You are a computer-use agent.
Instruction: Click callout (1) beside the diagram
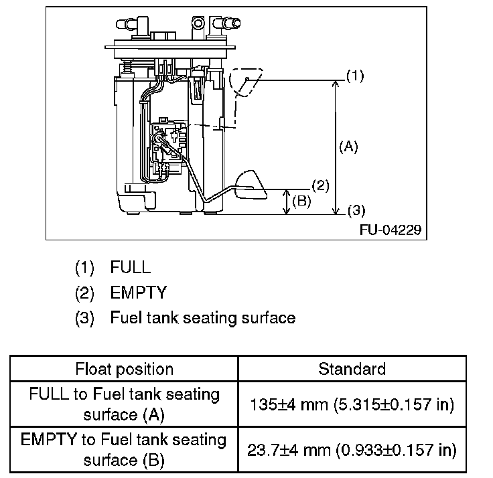coord(354,76)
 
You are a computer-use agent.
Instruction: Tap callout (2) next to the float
coord(320,185)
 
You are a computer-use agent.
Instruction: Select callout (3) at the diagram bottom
coord(354,212)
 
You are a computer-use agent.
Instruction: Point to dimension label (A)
coord(348,146)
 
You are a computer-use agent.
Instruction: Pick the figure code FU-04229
coord(391,230)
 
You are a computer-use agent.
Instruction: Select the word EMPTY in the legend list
coord(138,293)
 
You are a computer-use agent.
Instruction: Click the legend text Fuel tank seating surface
coord(202,317)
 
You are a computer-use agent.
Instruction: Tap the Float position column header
coord(124,369)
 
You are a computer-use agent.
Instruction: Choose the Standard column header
coord(352,369)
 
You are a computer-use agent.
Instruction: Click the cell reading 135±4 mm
coord(352,404)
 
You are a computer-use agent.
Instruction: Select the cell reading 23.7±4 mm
coord(352,450)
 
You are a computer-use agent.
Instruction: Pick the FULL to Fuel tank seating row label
coord(124,404)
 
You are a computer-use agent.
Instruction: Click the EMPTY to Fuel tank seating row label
coord(124,450)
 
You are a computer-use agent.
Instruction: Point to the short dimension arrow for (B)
coord(287,202)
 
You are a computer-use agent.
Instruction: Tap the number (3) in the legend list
coord(84,317)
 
